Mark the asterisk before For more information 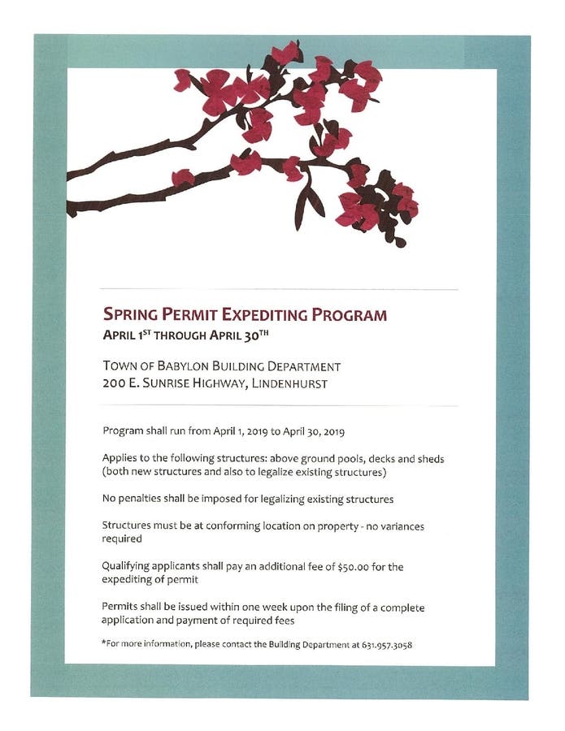104,643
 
